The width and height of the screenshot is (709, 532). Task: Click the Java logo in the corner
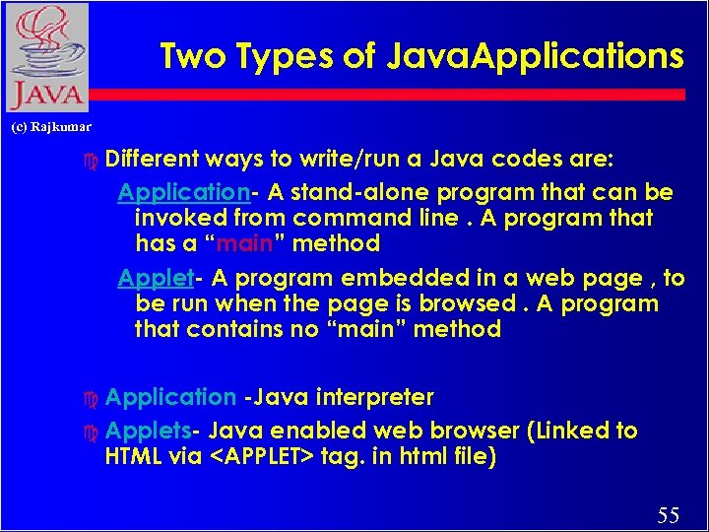pyautogui.click(x=45, y=57)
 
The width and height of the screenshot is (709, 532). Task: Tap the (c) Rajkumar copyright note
pyautogui.click(x=51, y=127)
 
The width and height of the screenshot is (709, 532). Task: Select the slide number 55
pyautogui.click(x=669, y=514)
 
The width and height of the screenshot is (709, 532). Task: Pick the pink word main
pyautogui.click(x=237, y=242)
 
